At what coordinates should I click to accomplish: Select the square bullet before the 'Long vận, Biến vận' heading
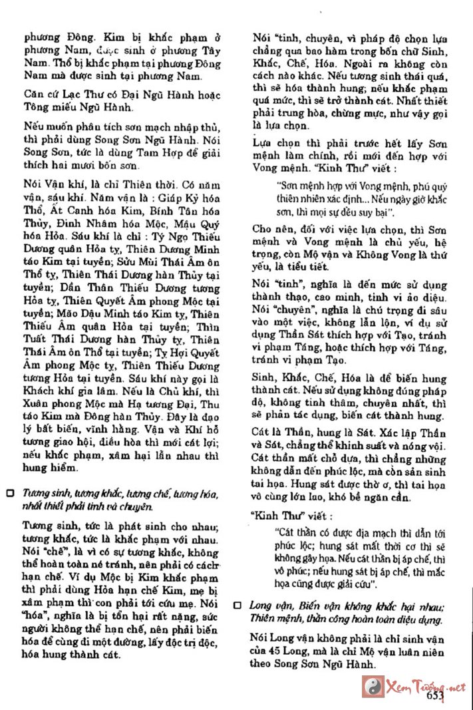tap(237, 605)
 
